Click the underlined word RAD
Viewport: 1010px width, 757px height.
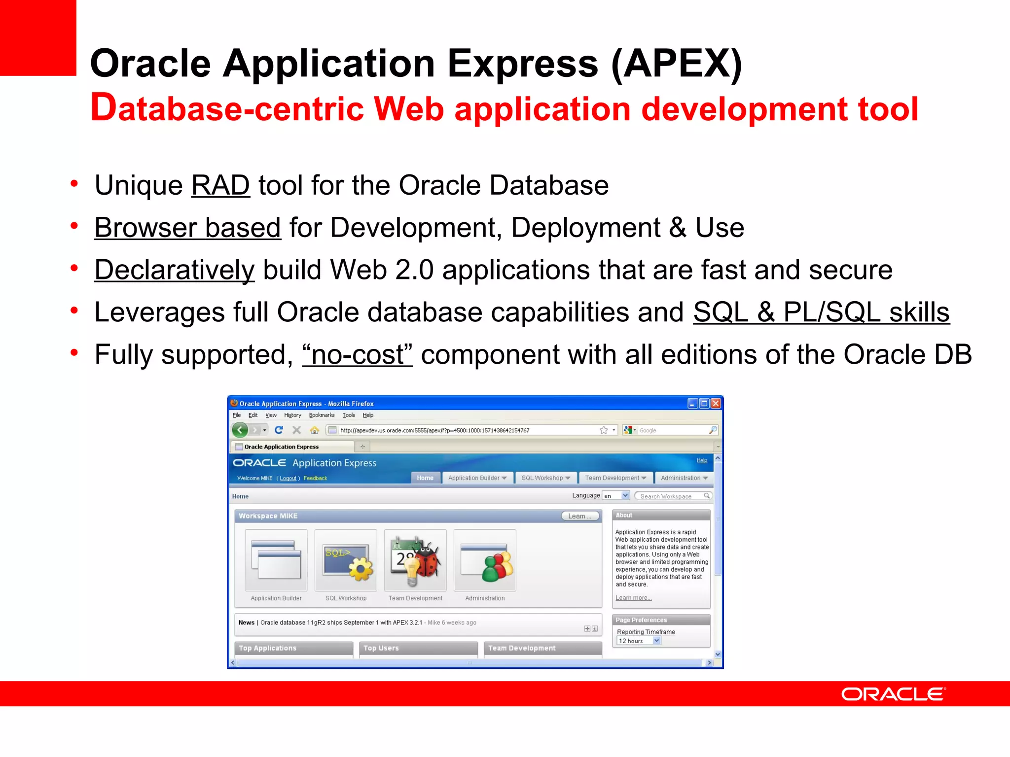(220, 186)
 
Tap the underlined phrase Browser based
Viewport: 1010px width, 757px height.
(187, 228)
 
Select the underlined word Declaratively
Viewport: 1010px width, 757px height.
(175, 271)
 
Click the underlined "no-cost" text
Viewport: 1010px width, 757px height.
(357, 355)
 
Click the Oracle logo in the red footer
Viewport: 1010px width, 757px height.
(893, 694)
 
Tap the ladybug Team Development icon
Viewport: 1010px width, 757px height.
(415, 561)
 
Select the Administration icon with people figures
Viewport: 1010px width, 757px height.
(485, 561)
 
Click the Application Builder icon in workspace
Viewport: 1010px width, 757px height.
(276, 561)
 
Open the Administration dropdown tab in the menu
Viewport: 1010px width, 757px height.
(684, 478)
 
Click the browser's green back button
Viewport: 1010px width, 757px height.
(240, 430)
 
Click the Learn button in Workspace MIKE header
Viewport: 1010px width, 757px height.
(580, 516)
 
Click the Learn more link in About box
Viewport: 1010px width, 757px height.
(633, 598)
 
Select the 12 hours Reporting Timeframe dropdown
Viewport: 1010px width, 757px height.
(639, 641)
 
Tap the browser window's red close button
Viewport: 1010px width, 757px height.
(716, 404)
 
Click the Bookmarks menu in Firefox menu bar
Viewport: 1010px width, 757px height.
(322, 415)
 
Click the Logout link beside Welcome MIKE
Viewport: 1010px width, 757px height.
(288, 479)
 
